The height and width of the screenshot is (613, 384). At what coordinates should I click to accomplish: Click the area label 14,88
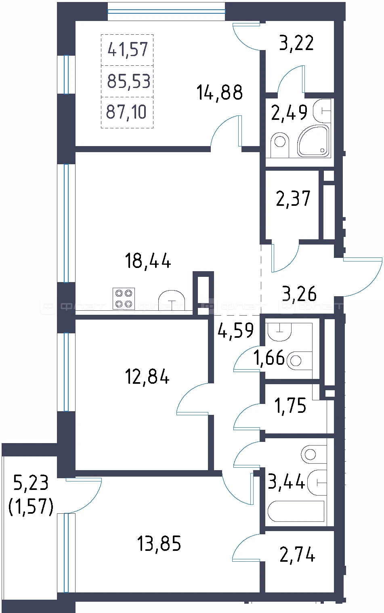click(219, 93)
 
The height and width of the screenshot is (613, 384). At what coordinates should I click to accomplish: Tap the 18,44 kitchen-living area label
click(148, 261)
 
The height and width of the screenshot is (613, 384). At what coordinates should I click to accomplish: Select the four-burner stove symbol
click(124, 299)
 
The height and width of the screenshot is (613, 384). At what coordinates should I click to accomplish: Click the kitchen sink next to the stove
click(172, 300)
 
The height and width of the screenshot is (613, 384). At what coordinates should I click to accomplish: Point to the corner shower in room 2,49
click(314, 141)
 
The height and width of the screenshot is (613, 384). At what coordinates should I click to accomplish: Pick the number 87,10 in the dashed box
click(126, 112)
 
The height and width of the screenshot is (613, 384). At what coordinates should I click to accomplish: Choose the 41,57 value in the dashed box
click(128, 50)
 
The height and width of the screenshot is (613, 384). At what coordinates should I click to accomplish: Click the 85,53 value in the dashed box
click(128, 81)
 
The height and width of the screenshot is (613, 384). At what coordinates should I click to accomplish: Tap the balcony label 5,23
click(31, 483)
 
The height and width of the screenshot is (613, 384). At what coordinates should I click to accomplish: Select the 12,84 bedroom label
click(147, 376)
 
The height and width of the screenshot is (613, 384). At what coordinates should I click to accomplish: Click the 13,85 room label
click(159, 544)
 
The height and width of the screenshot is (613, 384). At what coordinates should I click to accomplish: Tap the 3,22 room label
click(296, 43)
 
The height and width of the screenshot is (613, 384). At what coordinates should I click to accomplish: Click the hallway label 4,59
click(235, 330)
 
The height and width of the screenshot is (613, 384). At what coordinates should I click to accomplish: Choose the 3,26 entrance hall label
click(299, 294)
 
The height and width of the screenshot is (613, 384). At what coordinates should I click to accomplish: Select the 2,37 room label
click(293, 199)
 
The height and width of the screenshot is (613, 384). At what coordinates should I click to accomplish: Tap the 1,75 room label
click(290, 405)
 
